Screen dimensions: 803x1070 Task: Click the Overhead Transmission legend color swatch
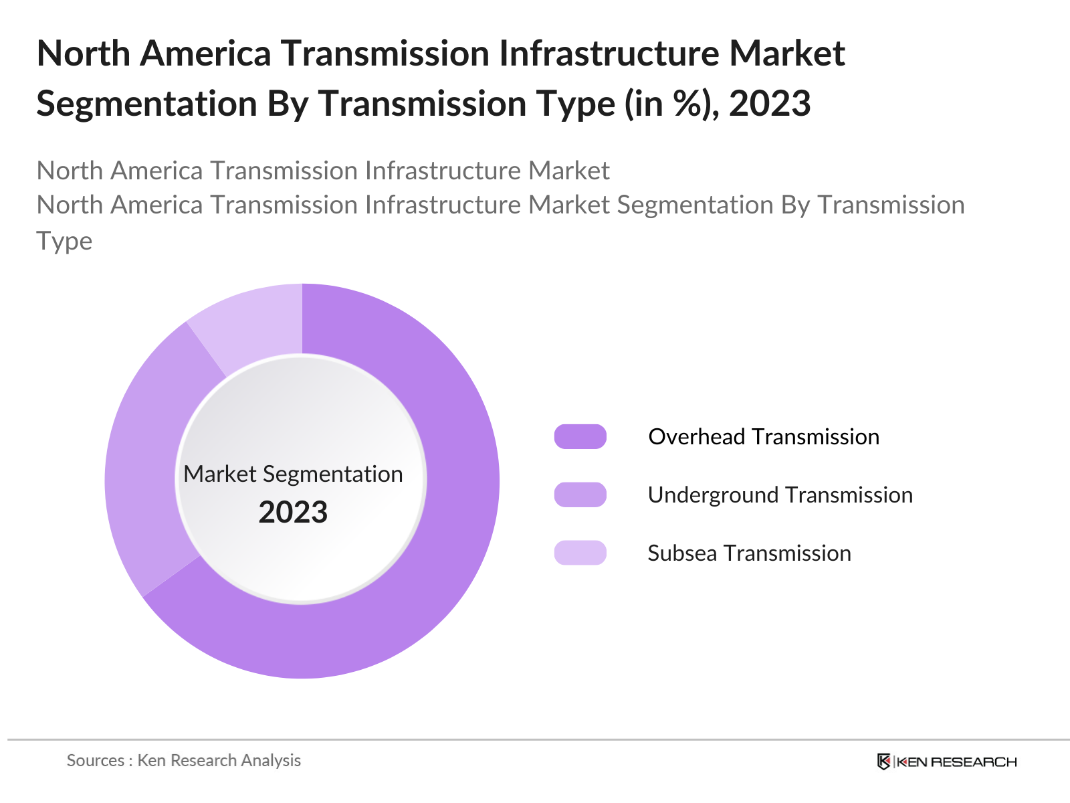[580, 436]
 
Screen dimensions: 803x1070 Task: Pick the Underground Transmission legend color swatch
[580, 495]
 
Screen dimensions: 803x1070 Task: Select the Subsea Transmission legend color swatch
[580, 553]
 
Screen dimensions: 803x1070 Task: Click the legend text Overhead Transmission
[764, 436]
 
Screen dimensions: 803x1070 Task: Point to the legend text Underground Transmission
[780, 495]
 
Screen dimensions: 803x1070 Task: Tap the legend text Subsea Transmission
[749, 553]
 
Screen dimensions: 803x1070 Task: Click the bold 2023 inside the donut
[293, 513]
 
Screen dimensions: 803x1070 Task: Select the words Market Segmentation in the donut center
[293, 474]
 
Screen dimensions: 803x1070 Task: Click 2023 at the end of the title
[770, 104]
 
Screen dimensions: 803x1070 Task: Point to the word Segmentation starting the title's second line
[146, 104]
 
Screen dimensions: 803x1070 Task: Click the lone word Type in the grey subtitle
[64, 241]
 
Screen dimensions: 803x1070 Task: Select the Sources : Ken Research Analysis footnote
[184, 760]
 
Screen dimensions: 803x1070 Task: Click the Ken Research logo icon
[883, 762]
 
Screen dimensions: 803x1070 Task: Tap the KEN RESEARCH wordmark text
[956, 762]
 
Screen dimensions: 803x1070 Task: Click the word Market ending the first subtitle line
[568, 171]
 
